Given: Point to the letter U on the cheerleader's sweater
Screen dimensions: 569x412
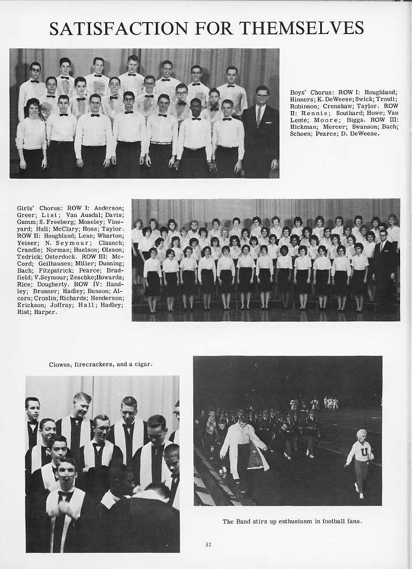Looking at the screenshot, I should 359,452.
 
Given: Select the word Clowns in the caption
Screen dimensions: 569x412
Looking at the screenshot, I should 60,364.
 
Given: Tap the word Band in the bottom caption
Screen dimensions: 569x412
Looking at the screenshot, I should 245,521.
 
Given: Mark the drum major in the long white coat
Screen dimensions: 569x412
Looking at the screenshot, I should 244,448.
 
